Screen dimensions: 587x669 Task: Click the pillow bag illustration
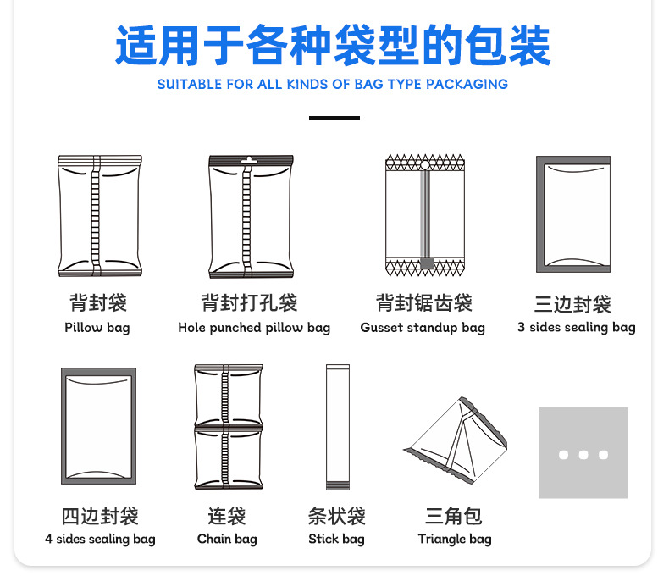[99, 217]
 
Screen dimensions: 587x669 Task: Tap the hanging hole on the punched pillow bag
[249, 160]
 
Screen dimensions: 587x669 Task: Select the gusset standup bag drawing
[425, 217]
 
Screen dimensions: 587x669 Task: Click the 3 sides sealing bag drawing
[573, 214]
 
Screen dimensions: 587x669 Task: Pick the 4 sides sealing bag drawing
[99, 426]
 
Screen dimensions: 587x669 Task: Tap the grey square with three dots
[583, 453]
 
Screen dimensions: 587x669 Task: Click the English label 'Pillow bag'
[97, 328]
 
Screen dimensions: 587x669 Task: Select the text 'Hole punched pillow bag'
[254, 328]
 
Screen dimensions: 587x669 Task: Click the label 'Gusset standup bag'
[423, 328]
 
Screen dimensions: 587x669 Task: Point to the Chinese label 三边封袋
[572, 304]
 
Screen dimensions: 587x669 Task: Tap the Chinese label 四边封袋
[100, 516]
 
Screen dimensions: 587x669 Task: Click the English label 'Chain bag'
[227, 540]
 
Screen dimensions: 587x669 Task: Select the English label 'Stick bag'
[336, 540]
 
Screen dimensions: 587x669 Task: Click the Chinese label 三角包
[454, 516]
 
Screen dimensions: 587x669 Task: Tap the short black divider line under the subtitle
[334, 118]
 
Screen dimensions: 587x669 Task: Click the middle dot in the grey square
[583, 455]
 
